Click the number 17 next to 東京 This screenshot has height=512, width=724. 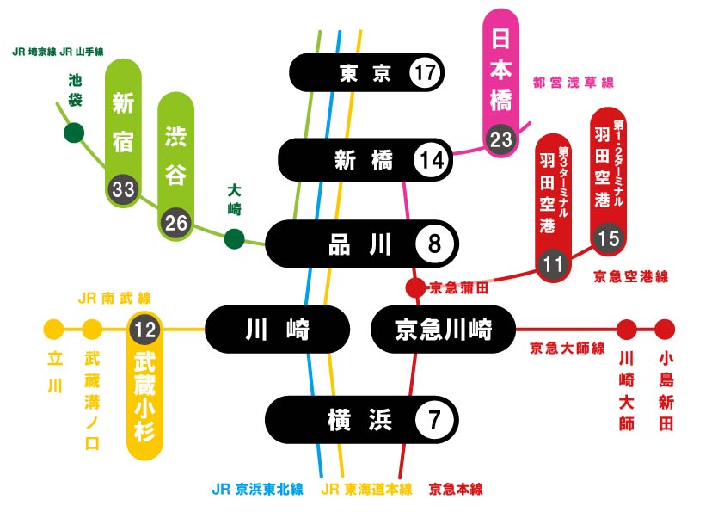pos(425,72)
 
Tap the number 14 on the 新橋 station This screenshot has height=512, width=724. pos(432,160)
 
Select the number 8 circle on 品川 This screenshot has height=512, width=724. pos(434,244)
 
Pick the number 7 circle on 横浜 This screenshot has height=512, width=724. pos(433,420)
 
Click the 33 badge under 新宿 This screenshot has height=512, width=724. pos(123,189)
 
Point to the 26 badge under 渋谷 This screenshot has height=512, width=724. pos(176,223)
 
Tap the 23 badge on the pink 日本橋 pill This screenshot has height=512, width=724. pos(501,139)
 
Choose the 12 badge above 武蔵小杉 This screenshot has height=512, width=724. pos(144,330)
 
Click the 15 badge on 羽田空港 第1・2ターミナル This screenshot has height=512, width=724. pos(608,238)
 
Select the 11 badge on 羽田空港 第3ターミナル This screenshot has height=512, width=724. pos(553,264)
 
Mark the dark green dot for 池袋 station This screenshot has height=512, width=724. pos(74,133)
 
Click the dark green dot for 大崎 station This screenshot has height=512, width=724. pos(234,239)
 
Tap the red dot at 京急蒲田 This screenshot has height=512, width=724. pos(415,288)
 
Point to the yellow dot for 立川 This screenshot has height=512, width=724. pos(53,330)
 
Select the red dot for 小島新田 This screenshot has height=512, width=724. pos(665,330)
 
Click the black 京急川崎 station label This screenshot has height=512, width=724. pos(444,330)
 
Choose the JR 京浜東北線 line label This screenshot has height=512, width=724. pos(258,490)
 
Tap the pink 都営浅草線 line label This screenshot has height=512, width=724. pos(573,83)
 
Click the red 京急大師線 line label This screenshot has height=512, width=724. pos(567,348)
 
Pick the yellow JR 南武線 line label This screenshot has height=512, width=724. pos(114,298)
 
